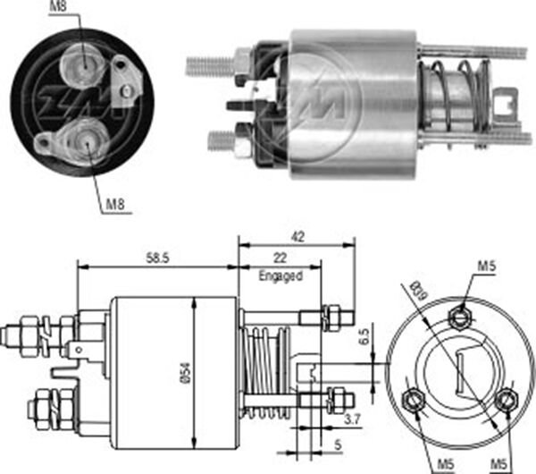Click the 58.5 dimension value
point(158,258)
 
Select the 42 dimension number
point(297,237)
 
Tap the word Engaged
point(281,275)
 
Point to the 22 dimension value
point(280,258)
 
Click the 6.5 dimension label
point(364,337)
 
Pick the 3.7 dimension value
point(352,419)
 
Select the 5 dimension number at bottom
point(338,444)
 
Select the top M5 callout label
point(487,266)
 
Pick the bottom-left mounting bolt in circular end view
point(414,399)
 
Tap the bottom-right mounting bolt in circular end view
point(507,400)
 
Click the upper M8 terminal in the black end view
point(83,64)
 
